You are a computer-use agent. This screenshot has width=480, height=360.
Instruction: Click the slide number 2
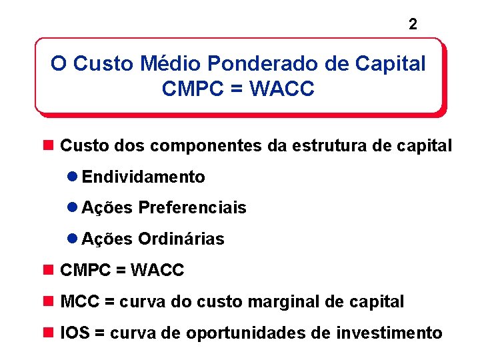point(413,25)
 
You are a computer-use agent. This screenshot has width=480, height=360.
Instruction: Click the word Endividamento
point(143,177)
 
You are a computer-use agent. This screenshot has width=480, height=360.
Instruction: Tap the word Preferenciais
point(192,208)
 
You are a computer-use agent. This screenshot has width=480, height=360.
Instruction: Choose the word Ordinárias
point(181,239)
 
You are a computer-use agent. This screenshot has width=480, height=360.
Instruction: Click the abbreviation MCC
point(79,302)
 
